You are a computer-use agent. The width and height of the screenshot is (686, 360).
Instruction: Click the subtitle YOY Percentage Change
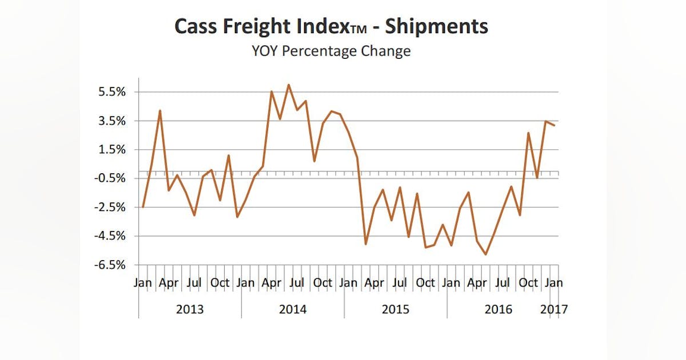[x=331, y=51]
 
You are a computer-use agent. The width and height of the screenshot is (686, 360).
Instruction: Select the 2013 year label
[x=190, y=310]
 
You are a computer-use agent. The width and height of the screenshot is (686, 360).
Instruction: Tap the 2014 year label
[x=293, y=310]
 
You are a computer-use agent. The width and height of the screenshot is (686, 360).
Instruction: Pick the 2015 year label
[x=396, y=310]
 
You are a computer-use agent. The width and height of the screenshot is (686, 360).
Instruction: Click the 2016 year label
[x=498, y=310]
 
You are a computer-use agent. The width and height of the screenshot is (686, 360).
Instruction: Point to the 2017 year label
[x=554, y=310]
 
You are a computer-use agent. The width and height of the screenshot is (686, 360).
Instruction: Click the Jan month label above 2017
[x=554, y=282]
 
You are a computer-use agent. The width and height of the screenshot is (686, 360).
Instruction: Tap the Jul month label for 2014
[x=297, y=282]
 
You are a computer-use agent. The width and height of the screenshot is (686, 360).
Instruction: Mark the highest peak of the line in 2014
[x=289, y=85]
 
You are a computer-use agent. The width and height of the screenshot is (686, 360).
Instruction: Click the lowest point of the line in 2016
[x=486, y=254]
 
